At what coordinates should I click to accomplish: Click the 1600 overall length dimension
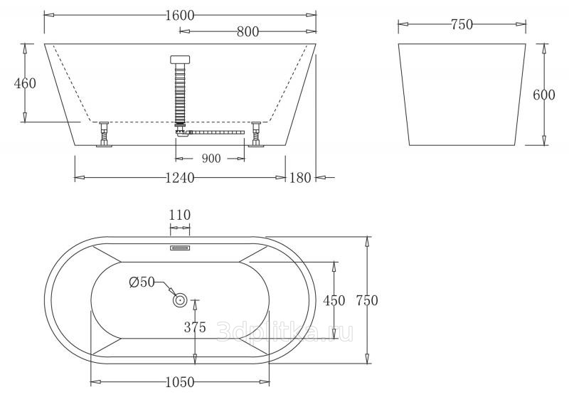point(180,15)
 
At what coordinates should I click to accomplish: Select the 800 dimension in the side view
point(248,31)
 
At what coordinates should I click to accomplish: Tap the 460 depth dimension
point(25,83)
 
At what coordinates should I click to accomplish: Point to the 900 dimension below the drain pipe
point(211,158)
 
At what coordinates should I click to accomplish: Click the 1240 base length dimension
point(180,178)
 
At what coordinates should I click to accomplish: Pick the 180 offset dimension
point(300,178)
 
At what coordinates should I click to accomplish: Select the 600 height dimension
point(544,95)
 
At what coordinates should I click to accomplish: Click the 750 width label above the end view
point(462,24)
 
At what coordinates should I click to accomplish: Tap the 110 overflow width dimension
point(180,215)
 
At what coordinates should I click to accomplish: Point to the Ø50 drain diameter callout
point(142,282)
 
